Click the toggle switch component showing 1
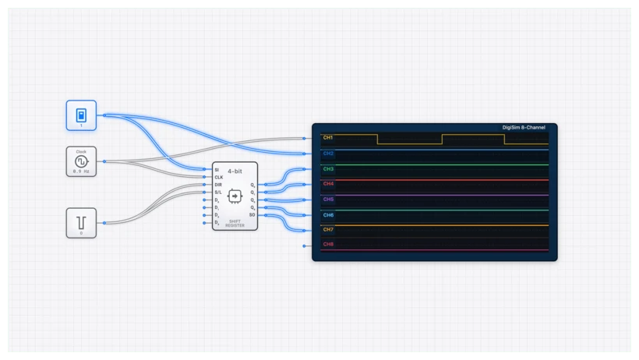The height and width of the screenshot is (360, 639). coord(81,115)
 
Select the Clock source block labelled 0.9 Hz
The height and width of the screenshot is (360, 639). coord(81,161)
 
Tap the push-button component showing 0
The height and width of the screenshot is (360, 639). coord(81,222)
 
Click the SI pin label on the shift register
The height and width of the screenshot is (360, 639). coord(217,170)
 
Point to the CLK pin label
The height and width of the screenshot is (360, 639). coord(219,178)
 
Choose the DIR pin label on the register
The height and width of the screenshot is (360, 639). coord(219,185)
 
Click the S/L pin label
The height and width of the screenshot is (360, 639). coord(219,192)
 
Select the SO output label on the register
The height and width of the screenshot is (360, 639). coord(252,214)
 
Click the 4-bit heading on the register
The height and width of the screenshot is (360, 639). coord(234,171)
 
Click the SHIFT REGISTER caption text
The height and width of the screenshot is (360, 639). coord(235,223)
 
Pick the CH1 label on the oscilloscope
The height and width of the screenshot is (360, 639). coord(328,138)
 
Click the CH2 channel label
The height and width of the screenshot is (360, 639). coord(328,154)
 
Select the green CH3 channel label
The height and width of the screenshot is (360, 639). coord(328,168)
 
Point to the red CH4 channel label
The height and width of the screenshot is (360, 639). coord(328,184)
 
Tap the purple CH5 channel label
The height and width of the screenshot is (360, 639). coord(328,199)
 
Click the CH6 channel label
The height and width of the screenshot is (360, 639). coord(328,214)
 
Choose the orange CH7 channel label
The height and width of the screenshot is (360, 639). coord(328,229)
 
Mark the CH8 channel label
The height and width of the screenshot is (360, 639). coord(328,245)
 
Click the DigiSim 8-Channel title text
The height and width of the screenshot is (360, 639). coord(523,128)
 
